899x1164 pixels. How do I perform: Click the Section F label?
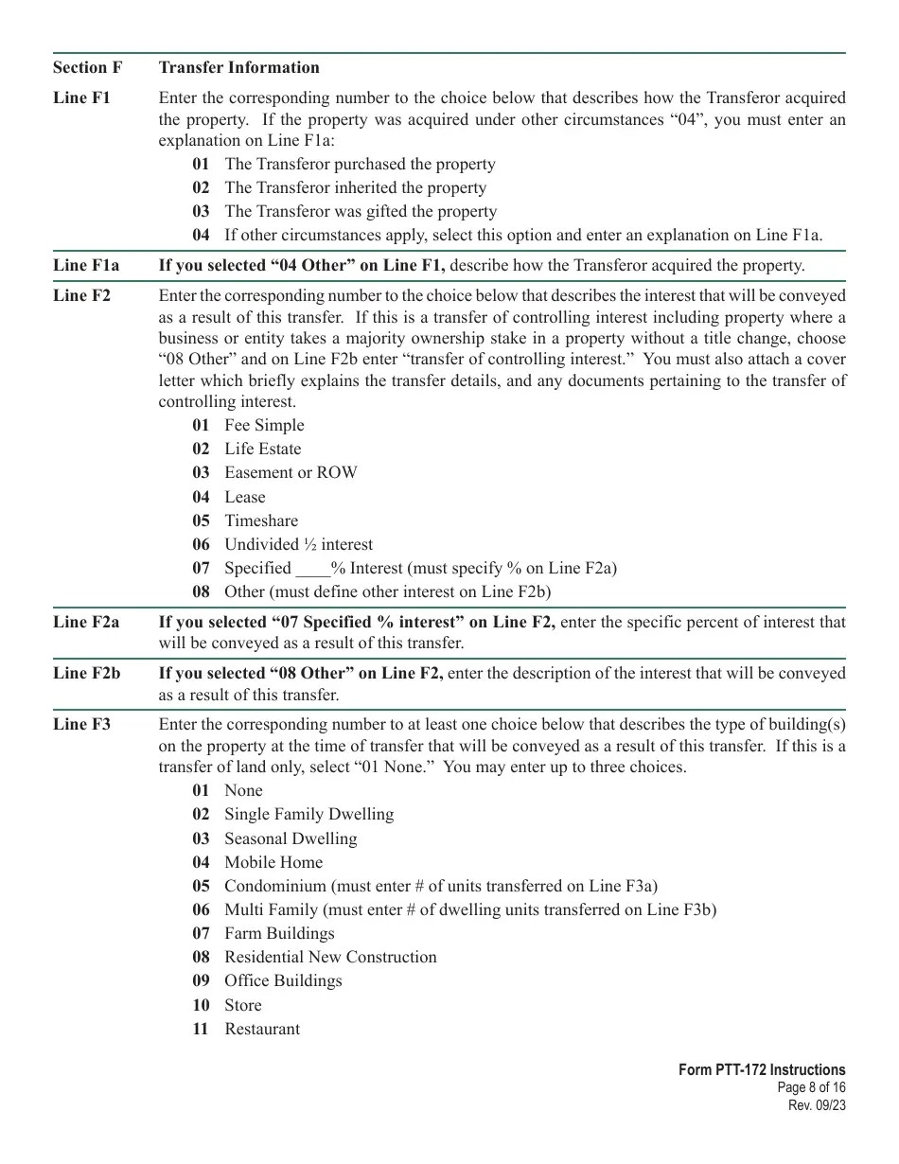[87, 67]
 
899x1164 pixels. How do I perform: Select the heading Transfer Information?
[238, 67]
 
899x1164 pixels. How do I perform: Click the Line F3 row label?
[81, 724]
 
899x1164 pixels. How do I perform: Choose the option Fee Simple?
[264, 425]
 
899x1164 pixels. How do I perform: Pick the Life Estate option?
[262, 449]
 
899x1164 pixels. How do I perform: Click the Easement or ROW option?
[291, 472]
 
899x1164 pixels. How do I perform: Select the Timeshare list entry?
[260, 520]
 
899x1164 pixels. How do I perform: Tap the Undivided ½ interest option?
[298, 544]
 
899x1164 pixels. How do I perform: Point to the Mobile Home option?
[273, 862]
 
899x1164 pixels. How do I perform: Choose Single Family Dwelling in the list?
[308, 814]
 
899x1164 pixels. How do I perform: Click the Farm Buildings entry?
[279, 933]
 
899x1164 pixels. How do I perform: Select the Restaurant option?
[261, 1029]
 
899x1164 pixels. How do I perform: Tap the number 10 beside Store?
[201, 1005]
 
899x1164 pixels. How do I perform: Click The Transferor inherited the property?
[355, 187]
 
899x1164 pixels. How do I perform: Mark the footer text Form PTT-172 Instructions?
[761, 1070]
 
